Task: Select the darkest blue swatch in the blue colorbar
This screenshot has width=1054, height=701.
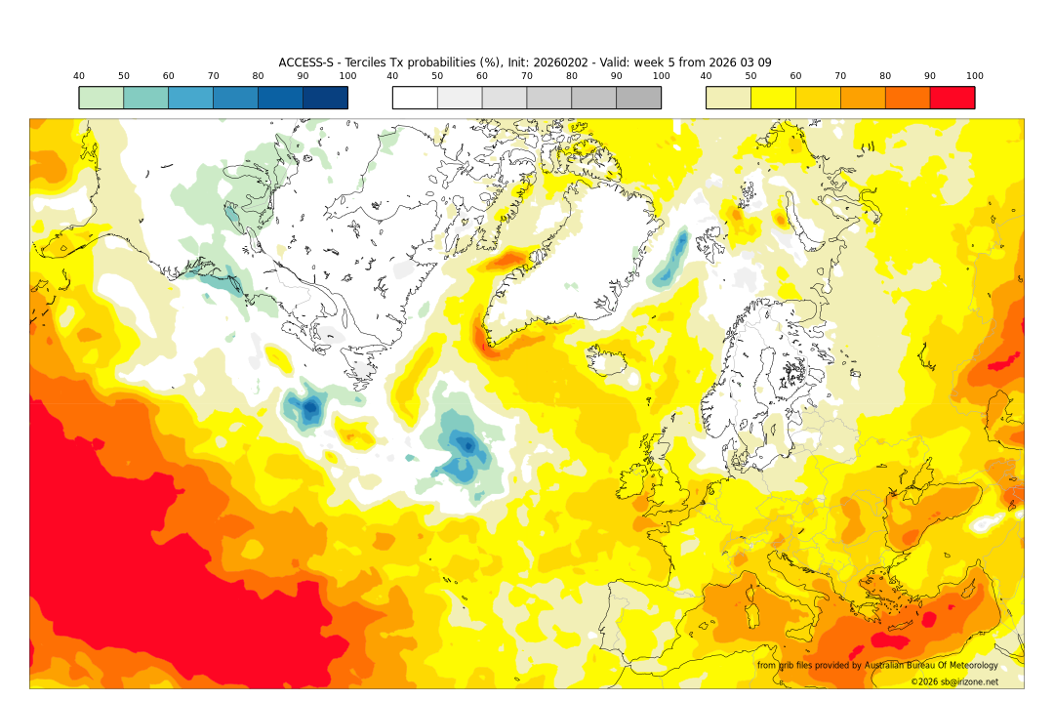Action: point(325,98)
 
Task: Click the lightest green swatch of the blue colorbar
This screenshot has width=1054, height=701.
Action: point(101,98)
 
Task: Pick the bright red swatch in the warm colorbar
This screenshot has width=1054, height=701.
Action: point(952,98)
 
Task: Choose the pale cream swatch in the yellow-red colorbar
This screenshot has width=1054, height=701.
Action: point(728,98)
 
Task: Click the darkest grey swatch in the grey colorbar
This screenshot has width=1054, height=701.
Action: point(638,98)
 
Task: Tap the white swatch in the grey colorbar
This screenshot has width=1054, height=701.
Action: point(415,98)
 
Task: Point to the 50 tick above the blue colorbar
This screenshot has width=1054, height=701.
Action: point(124,76)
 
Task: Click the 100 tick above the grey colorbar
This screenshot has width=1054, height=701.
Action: point(661,76)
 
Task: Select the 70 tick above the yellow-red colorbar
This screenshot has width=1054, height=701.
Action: point(840,76)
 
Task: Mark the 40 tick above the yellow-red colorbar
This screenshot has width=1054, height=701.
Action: point(706,76)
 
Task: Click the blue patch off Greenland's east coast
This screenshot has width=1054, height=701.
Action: point(670,261)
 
